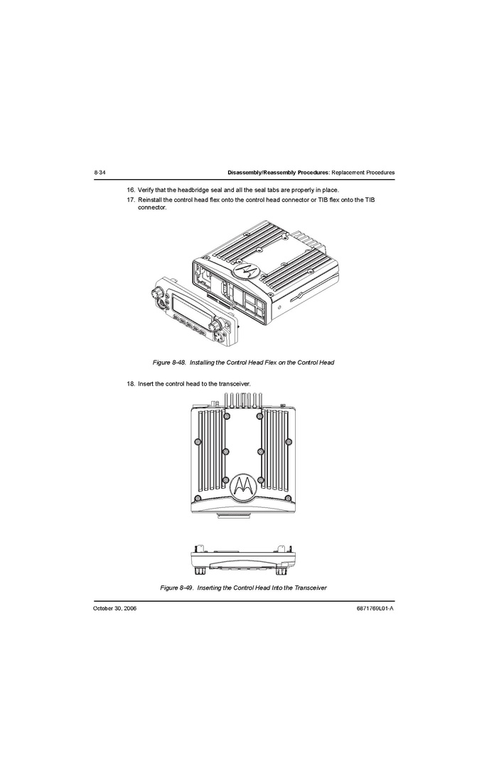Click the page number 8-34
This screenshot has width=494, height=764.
pos(100,172)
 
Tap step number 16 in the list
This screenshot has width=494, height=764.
pos(131,189)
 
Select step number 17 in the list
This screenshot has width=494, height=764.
pos(131,200)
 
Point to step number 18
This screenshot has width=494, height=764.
pos(131,383)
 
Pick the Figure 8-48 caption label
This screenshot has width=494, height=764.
pos(169,363)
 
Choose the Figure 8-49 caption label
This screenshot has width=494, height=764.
pos(177,588)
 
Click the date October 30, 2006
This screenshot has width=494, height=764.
pos(115,608)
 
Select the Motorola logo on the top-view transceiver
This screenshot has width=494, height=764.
pos(243,487)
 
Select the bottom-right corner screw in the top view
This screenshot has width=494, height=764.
pos(289,499)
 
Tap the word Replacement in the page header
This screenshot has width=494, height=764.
pos(348,172)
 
